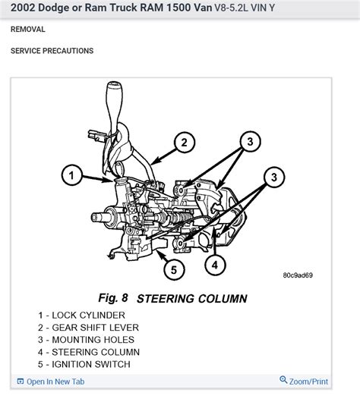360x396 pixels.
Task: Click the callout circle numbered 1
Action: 70,177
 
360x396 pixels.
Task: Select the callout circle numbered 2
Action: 183,142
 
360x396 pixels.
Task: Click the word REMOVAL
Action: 29,29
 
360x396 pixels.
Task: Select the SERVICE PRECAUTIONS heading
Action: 52,51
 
